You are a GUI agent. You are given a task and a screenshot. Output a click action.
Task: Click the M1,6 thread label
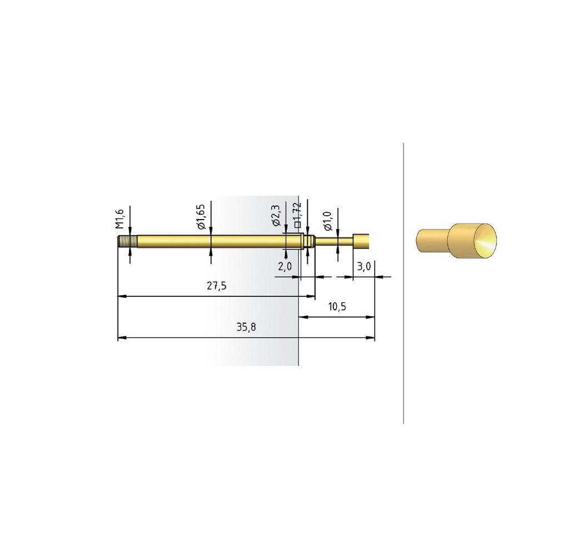[x=120, y=219]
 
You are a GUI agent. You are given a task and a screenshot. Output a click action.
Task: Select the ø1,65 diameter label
[x=201, y=217]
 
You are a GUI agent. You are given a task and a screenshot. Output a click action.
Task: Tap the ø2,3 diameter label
[x=276, y=215]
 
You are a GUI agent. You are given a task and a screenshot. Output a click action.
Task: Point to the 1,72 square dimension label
[x=297, y=215]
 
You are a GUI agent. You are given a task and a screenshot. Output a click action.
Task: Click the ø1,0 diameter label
[x=328, y=221]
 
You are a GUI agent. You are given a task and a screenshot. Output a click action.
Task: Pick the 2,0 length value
[x=285, y=266]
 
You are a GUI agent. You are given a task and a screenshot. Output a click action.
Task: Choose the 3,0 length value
[x=364, y=266]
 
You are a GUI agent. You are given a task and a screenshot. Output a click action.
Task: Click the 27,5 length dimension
[x=217, y=286]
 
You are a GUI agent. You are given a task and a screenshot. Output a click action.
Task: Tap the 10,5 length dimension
[x=337, y=307]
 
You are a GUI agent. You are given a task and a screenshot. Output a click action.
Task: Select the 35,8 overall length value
[x=246, y=327]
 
